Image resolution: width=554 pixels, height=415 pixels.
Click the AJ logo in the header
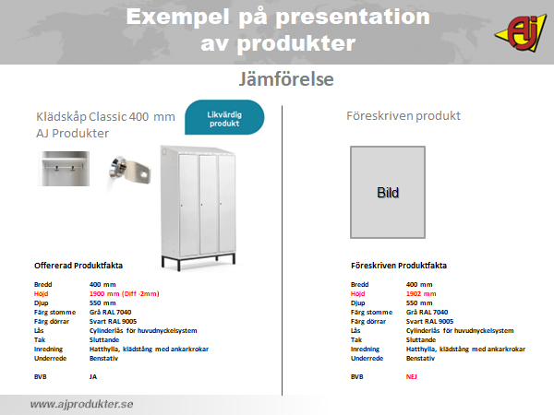pyautogui.click(x=521, y=33)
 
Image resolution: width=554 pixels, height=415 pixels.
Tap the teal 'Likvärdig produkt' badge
pyautogui.click(x=224, y=117)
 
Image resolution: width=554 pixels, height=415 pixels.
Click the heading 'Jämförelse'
pyautogui.click(x=286, y=78)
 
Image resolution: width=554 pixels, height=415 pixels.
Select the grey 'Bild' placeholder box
pyautogui.click(x=388, y=193)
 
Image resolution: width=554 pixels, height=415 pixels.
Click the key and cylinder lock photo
pyautogui.click(x=130, y=170)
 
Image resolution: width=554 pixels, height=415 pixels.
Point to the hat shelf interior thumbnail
pyautogui.click(x=64, y=169)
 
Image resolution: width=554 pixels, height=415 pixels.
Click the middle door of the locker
pyautogui.click(x=208, y=204)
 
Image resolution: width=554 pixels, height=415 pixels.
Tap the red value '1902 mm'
pyautogui.click(x=421, y=293)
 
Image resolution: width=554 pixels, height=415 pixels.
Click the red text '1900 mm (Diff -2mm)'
pyautogui.click(x=124, y=293)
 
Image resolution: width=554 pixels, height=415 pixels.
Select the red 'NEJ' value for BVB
pyautogui.click(x=411, y=376)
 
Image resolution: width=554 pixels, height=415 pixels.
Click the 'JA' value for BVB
pyautogui.click(x=93, y=376)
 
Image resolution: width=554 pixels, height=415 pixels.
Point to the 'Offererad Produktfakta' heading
pyautogui.click(x=78, y=266)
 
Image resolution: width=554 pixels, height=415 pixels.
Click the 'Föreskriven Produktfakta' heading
pyautogui.click(x=399, y=266)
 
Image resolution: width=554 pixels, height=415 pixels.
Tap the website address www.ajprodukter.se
pyautogui.click(x=81, y=404)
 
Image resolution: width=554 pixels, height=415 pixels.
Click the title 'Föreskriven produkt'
pyautogui.click(x=403, y=116)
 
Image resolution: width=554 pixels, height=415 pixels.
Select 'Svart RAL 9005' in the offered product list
pyautogui.click(x=113, y=321)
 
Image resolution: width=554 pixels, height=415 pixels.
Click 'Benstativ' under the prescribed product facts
pyautogui.click(x=420, y=358)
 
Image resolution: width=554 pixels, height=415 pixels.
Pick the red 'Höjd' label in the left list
pyautogui.click(x=41, y=293)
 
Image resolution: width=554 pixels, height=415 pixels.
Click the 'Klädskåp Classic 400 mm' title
pyautogui.click(x=105, y=116)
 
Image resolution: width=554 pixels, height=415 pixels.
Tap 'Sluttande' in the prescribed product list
pyautogui.click(x=421, y=339)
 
